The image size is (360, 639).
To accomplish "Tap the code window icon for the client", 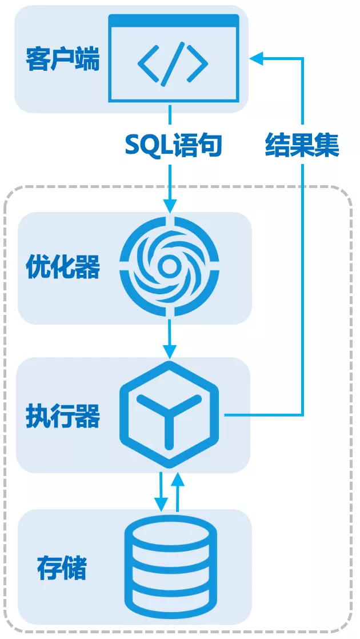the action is pos(174,58).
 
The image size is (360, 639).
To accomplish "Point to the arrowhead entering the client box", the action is pos(257,59).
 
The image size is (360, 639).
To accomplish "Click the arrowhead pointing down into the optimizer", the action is pos(170,206).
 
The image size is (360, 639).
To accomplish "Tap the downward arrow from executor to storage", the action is pos(162,492).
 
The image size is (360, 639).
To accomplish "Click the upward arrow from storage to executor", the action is pos(177,492).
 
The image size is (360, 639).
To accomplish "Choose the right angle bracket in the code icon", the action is pos(198,64).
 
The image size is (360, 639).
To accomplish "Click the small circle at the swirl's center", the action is pos(168,267).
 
